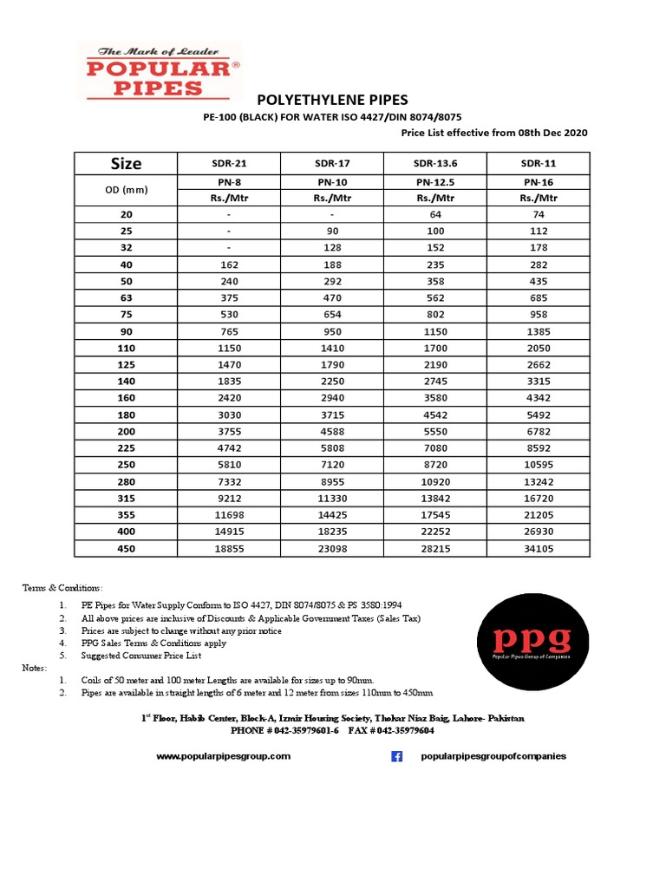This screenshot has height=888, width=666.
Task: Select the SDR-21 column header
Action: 228,163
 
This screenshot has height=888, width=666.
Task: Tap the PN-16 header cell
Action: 539,182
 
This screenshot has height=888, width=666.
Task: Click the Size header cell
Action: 126,163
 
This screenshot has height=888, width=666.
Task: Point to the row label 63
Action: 126,297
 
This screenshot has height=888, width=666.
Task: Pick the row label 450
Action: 126,548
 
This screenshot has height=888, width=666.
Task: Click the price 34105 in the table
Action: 539,548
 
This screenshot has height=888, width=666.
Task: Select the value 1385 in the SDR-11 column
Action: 539,331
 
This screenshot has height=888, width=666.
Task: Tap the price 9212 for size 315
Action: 228,498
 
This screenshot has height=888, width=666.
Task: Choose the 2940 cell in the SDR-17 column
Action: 331,398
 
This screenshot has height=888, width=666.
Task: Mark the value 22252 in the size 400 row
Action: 435,532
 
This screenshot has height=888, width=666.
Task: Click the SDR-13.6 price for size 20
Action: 435,214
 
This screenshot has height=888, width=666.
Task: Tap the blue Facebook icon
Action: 397,756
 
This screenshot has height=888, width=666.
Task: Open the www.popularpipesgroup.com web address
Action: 223,756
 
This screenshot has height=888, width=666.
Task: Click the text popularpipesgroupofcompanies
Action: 493,756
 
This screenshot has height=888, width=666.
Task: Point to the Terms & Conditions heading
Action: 62,588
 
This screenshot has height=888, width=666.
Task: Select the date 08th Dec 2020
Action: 552,133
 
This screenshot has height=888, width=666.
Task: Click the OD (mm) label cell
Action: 126,189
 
